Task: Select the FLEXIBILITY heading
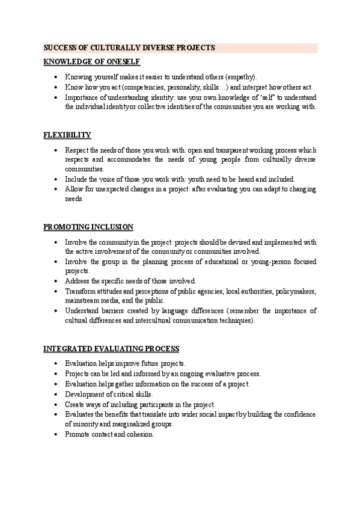(67, 135)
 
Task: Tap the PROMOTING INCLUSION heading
(88, 227)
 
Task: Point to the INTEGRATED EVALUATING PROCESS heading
(111, 349)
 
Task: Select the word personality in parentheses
(175, 87)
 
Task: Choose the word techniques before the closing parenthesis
(234, 321)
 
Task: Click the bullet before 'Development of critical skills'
(56, 394)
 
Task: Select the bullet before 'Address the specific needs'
(56, 281)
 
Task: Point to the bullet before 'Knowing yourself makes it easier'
(56, 77)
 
